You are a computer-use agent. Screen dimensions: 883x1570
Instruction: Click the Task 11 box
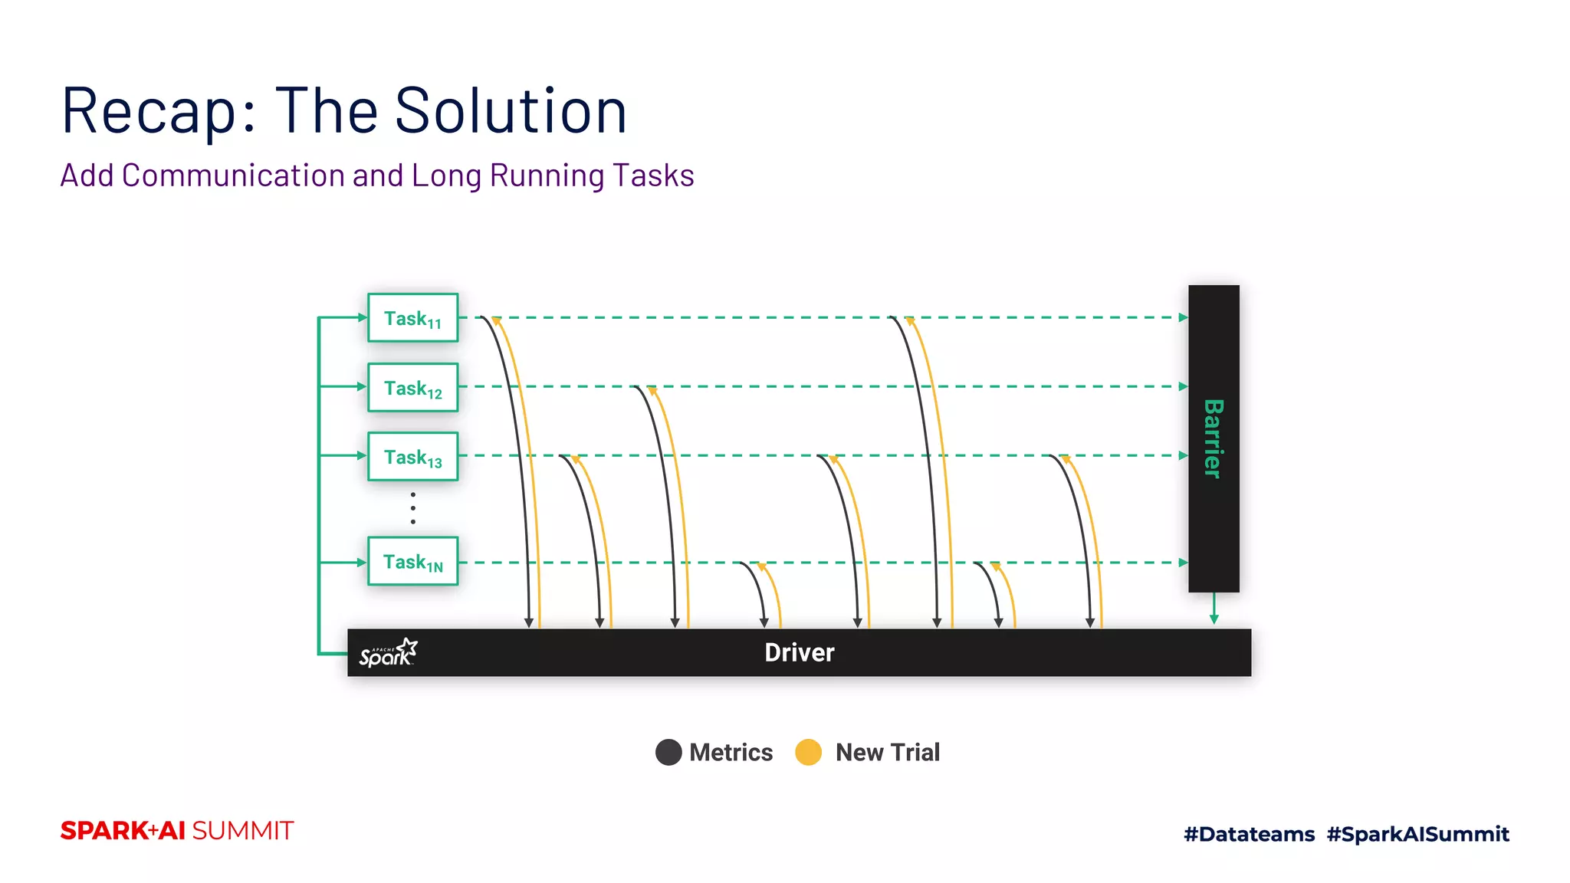coord(412,317)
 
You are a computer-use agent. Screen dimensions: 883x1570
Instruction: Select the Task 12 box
coord(412,387)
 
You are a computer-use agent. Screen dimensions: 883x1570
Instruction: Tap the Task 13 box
coord(412,456)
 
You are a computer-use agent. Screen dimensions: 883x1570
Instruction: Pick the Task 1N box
coord(412,561)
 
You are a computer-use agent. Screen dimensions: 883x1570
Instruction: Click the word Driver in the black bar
coord(799,652)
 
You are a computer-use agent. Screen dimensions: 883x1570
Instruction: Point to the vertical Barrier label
coord(1213,438)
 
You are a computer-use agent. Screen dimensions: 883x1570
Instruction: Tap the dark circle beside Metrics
coord(668,752)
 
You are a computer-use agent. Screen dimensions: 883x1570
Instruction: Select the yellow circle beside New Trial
coord(808,752)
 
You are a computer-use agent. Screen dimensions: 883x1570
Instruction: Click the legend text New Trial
coord(887,752)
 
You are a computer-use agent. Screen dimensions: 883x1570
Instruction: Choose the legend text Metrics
coord(731,752)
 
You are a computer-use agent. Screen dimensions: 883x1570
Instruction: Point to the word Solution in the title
coord(511,111)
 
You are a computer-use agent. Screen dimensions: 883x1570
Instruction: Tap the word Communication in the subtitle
coord(233,176)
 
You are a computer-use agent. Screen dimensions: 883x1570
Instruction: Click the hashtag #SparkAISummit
coord(1417,834)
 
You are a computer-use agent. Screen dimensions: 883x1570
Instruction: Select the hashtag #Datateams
coord(1249,834)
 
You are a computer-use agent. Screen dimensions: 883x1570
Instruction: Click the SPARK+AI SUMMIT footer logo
coord(177,831)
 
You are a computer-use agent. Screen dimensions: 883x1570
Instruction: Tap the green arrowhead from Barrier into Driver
coord(1214,619)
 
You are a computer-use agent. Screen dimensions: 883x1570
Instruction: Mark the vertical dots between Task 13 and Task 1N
coord(413,508)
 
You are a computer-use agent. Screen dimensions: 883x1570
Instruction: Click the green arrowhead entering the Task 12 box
coord(362,386)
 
